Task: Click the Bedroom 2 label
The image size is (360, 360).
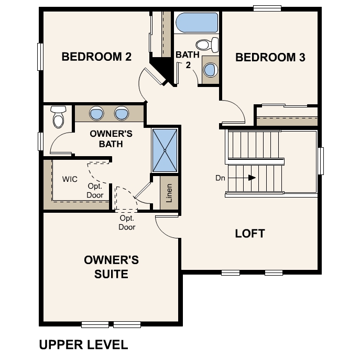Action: [96, 57]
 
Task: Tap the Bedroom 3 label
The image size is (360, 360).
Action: [270, 57]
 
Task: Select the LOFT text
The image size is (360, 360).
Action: [250, 233]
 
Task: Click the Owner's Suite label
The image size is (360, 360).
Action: [111, 267]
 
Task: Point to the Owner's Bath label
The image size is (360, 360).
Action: [111, 138]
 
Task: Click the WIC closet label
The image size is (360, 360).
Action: [70, 179]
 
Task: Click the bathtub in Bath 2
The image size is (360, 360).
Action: [197, 23]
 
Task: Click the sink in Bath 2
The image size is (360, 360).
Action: [211, 70]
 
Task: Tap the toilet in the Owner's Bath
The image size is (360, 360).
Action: [58, 117]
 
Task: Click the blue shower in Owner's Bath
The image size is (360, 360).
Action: [165, 150]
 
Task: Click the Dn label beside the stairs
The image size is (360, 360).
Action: [220, 178]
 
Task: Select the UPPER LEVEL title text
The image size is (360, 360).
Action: [83, 344]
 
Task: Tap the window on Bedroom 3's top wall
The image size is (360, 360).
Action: [267, 8]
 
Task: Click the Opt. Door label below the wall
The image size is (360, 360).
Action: [127, 223]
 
